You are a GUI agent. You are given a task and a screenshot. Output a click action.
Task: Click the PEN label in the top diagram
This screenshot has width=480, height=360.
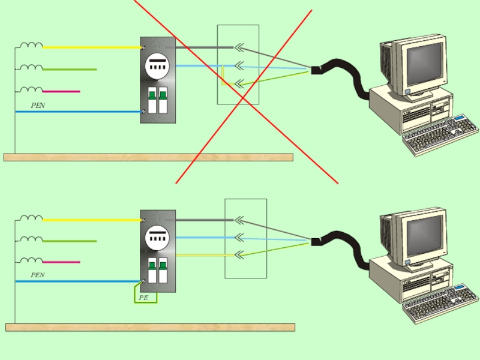38,105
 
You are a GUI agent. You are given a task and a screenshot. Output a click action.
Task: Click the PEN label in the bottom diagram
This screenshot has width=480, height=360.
38,275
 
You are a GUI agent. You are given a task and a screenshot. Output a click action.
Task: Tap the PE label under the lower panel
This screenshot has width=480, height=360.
143,298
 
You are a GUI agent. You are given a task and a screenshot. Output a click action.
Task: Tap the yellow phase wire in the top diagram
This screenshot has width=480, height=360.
90,47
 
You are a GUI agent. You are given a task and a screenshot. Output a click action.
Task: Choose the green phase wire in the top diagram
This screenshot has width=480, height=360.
69,70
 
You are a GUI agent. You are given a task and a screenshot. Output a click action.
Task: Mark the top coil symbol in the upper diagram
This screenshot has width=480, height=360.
31,45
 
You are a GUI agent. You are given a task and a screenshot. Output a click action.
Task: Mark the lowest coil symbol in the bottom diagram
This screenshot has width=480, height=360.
31,260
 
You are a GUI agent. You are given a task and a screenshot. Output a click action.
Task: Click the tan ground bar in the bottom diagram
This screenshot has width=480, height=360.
150,328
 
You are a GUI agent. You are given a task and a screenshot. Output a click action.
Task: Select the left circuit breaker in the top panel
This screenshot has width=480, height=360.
152,100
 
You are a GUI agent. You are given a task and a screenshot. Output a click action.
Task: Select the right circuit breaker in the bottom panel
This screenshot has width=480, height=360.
163,271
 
